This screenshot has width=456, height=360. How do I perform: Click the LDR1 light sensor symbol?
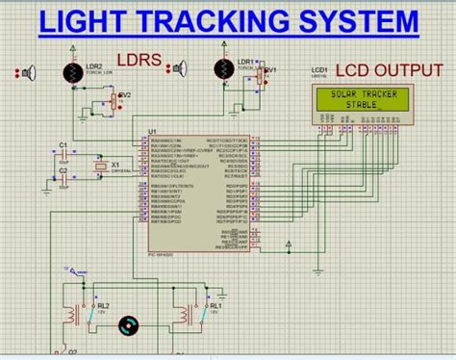(222, 69)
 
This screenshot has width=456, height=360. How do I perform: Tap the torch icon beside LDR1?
(179, 68)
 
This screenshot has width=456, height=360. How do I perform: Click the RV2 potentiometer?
(117, 97)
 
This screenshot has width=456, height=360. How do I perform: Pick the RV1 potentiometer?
(265, 74)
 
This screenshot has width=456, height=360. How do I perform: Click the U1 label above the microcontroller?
(152, 132)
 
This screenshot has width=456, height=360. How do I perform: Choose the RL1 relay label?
(215, 304)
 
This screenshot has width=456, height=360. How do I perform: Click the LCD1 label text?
(319, 70)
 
